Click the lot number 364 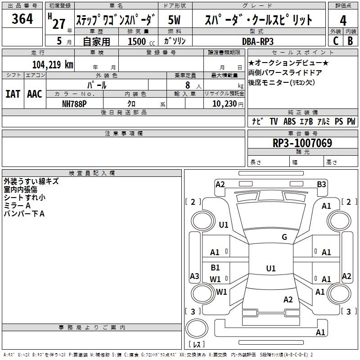22,18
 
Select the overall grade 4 343,21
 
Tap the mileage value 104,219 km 53,64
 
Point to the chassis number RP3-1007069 302,143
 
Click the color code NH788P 74,104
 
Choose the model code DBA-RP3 258,41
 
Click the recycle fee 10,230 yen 228,104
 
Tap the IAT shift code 13,94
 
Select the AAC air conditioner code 35,94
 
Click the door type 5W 174,20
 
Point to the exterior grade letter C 336,41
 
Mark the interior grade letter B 350,41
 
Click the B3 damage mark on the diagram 321,184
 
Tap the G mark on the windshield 284,237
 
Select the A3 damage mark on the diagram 194,276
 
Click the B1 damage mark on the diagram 215,267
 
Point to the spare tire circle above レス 197,329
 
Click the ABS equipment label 289,121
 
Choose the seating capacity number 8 188,85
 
